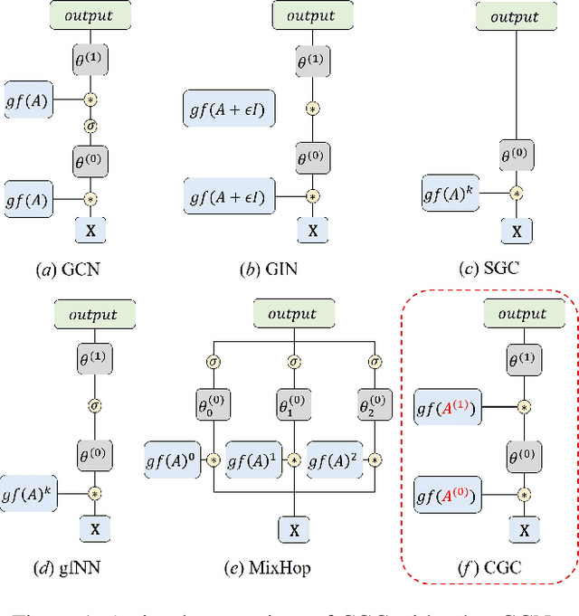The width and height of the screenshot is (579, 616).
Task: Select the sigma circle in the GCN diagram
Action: [x=90, y=125]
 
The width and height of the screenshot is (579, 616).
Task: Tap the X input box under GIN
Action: [x=312, y=231]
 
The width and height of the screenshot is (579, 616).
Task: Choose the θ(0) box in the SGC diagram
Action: [x=517, y=155]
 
